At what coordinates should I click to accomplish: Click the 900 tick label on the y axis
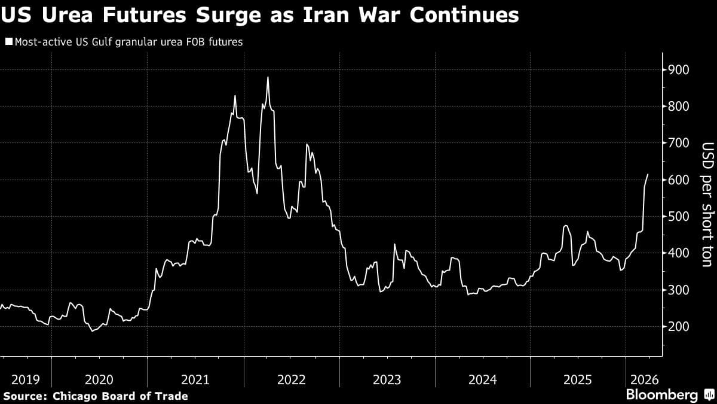pyautogui.click(x=680, y=70)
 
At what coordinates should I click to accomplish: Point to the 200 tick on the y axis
pyautogui.click(x=680, y=327)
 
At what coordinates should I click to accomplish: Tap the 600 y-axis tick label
pyautogui.click(x=680, y=180)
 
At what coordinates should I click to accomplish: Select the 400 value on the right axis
pyautogui.click(x=680, y=253)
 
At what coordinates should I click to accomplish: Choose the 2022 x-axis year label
pyautogui.click(x=292, y=379)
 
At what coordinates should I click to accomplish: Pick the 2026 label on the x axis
pyautogui.click(x=643, y=379)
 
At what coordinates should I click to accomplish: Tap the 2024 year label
pyautogui.click(x=483, y=379)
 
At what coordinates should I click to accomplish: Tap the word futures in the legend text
pyautogui.click(x=224, y=42)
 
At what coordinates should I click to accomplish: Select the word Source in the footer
pyautogui.click(x=24, y=396)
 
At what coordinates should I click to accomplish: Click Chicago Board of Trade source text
pyautogui.click(x=120, y=396)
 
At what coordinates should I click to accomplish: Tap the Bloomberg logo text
pyautogui.click(x=661, y=394)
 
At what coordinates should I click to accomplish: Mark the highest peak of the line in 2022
pyautogui.click(x=268, y=77)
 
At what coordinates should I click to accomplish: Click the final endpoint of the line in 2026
pyautogui.click(x=649, y=174)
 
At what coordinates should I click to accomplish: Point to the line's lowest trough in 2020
pyautogui.click(x=93, y=331)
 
